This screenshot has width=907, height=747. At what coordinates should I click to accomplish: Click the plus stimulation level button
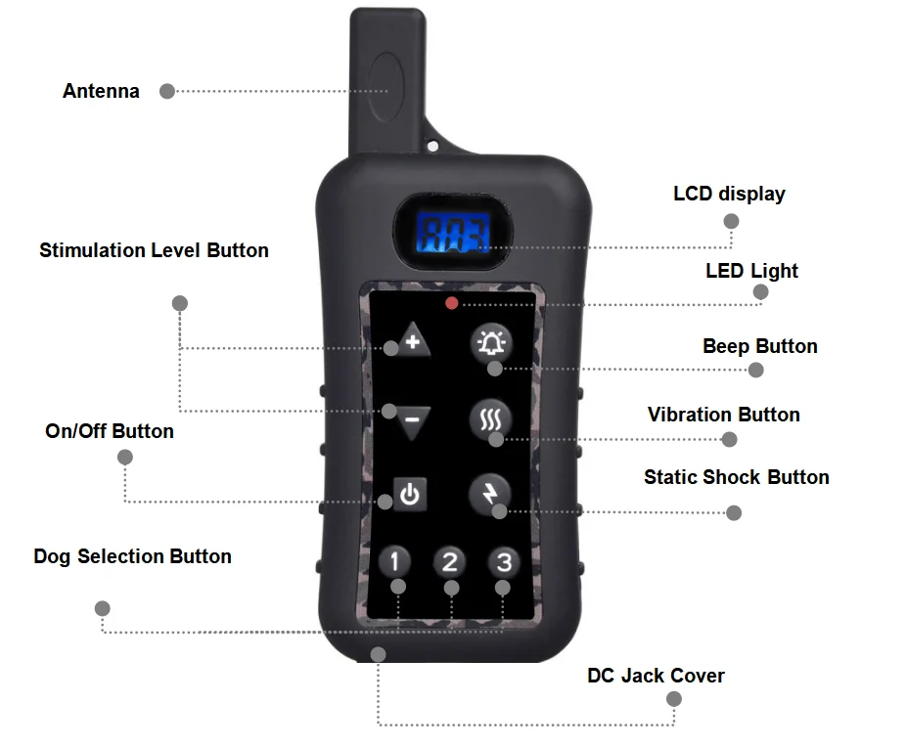tap(410, 339)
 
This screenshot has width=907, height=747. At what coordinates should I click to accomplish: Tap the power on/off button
tap(409, 495)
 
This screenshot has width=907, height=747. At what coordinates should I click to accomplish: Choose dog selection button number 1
tap(394, 561)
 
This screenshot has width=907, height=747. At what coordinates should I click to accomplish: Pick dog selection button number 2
tap(449, 561)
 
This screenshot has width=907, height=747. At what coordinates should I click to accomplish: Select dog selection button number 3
tap(504, 561)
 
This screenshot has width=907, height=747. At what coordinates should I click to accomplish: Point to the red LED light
tap(451, 303)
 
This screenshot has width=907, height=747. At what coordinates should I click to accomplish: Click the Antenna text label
tap(101, 91)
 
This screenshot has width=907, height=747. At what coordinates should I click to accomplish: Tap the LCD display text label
tap(729, 194)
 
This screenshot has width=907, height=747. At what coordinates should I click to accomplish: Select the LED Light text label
tap(751, 271)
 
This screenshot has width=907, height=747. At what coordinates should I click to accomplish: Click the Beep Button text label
tap(759, 346)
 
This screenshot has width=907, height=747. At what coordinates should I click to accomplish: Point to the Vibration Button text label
tap(723, 415)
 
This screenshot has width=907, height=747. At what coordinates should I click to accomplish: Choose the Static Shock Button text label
tap(736, 477)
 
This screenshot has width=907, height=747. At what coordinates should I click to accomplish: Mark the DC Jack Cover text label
tap(656, 676)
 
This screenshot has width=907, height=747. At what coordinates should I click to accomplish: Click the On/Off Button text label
tap(110, 431)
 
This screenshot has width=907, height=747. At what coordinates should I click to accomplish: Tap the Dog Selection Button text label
tap(132, 556)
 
